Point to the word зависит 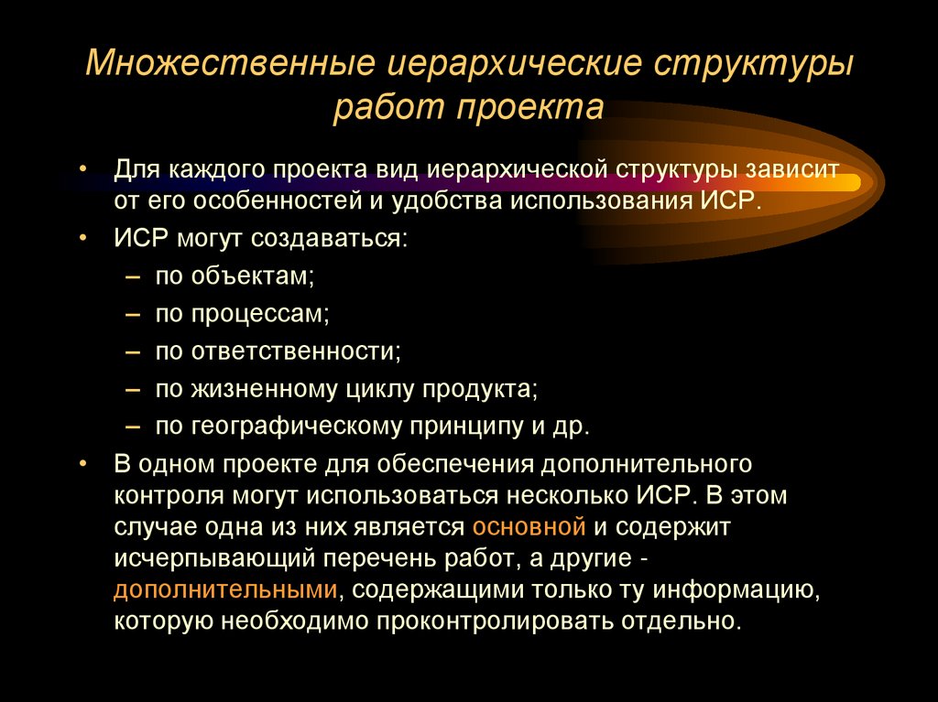pos(791,170)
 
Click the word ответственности pos(296,351)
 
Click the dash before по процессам pos(134,314)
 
